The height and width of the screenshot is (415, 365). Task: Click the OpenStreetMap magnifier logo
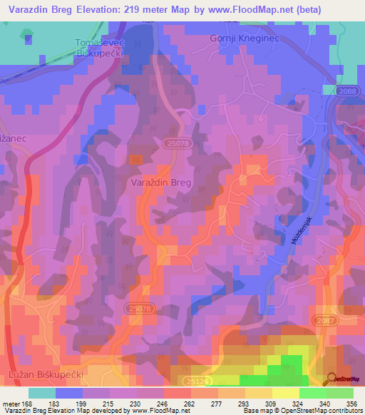tap(331, 379)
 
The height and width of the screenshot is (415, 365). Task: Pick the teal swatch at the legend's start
tap(42, 393)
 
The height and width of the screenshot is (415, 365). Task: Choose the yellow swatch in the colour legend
tap(286, 393)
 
